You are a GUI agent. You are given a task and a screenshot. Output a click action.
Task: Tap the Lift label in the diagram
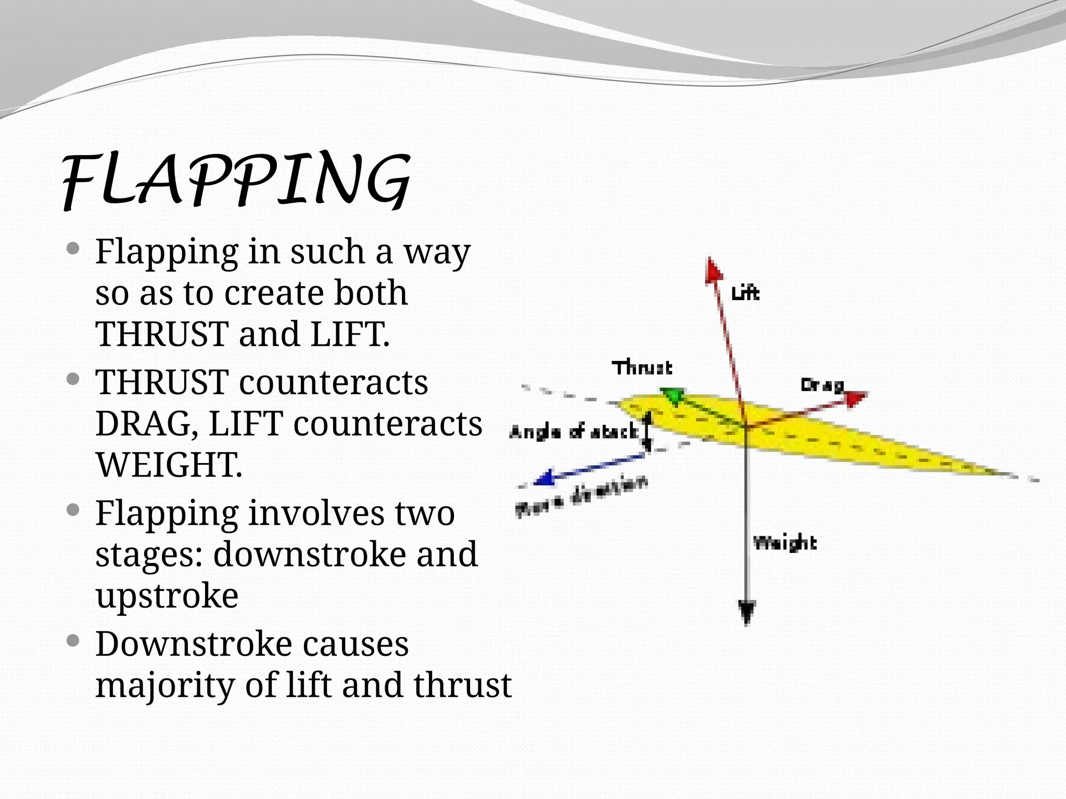coord(745,293)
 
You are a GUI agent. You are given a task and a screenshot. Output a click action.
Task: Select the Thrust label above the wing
coord(642,368)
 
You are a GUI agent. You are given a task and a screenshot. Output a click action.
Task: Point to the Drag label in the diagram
coord(822,385)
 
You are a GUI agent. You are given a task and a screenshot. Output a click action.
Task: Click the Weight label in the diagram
coord(785,543)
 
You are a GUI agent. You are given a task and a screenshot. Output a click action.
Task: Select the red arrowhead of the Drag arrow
coord(855,398)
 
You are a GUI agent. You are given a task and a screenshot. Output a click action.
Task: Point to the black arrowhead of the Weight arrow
coord(747,611)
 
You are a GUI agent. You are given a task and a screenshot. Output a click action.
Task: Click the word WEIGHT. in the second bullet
coord(169,465)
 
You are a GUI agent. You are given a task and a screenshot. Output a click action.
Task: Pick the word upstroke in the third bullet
coord(167,596)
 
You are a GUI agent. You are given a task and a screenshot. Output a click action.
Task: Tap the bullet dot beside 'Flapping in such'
coord(73,248)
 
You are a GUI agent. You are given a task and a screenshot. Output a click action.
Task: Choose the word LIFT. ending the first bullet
coord(350,333)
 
